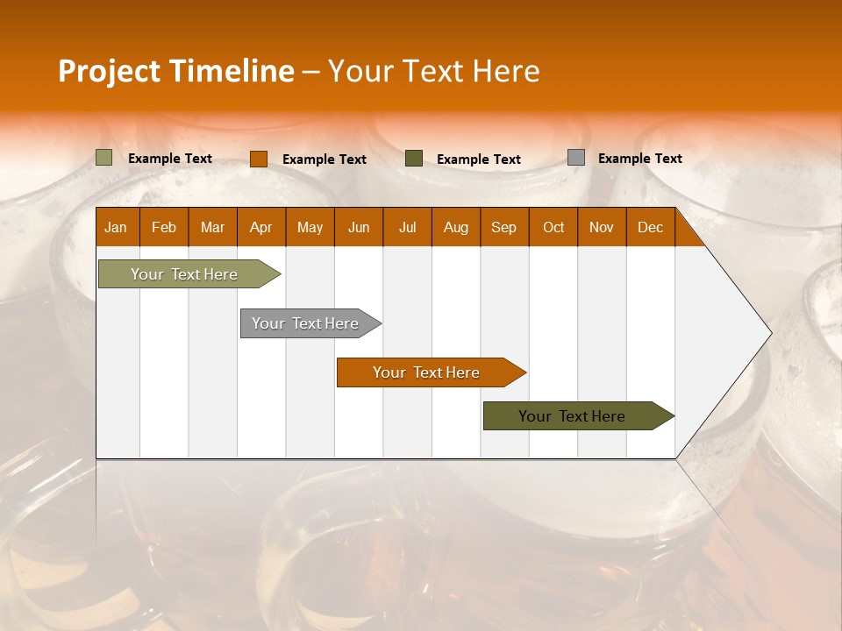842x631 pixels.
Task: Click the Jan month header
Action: point(117,227)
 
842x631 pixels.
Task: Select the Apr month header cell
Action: point(261,227)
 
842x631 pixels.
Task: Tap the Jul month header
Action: point(407,227)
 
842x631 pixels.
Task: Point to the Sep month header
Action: point(504,227)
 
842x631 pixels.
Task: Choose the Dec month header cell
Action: point(650,227)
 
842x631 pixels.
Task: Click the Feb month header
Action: point(164,227)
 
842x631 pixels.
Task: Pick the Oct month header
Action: point(553,227)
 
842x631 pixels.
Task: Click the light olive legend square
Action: point(103,158)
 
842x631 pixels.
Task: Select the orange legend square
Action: point(258,159)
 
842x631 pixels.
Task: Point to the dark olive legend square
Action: point(414,159)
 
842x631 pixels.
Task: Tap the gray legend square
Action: point(575,158)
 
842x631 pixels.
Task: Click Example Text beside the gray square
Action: point(639,159)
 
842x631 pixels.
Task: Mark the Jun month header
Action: point(359,227)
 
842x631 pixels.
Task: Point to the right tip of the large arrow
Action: point(769,333)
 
